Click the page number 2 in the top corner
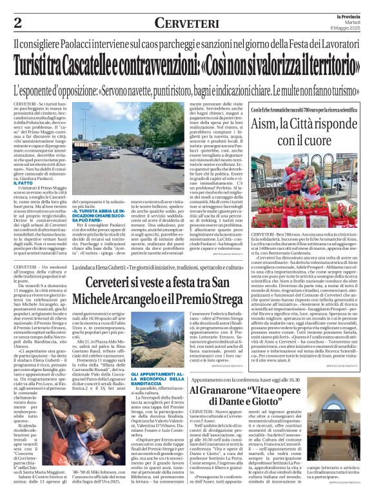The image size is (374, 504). pyautogui.click(x=17, y=23)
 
